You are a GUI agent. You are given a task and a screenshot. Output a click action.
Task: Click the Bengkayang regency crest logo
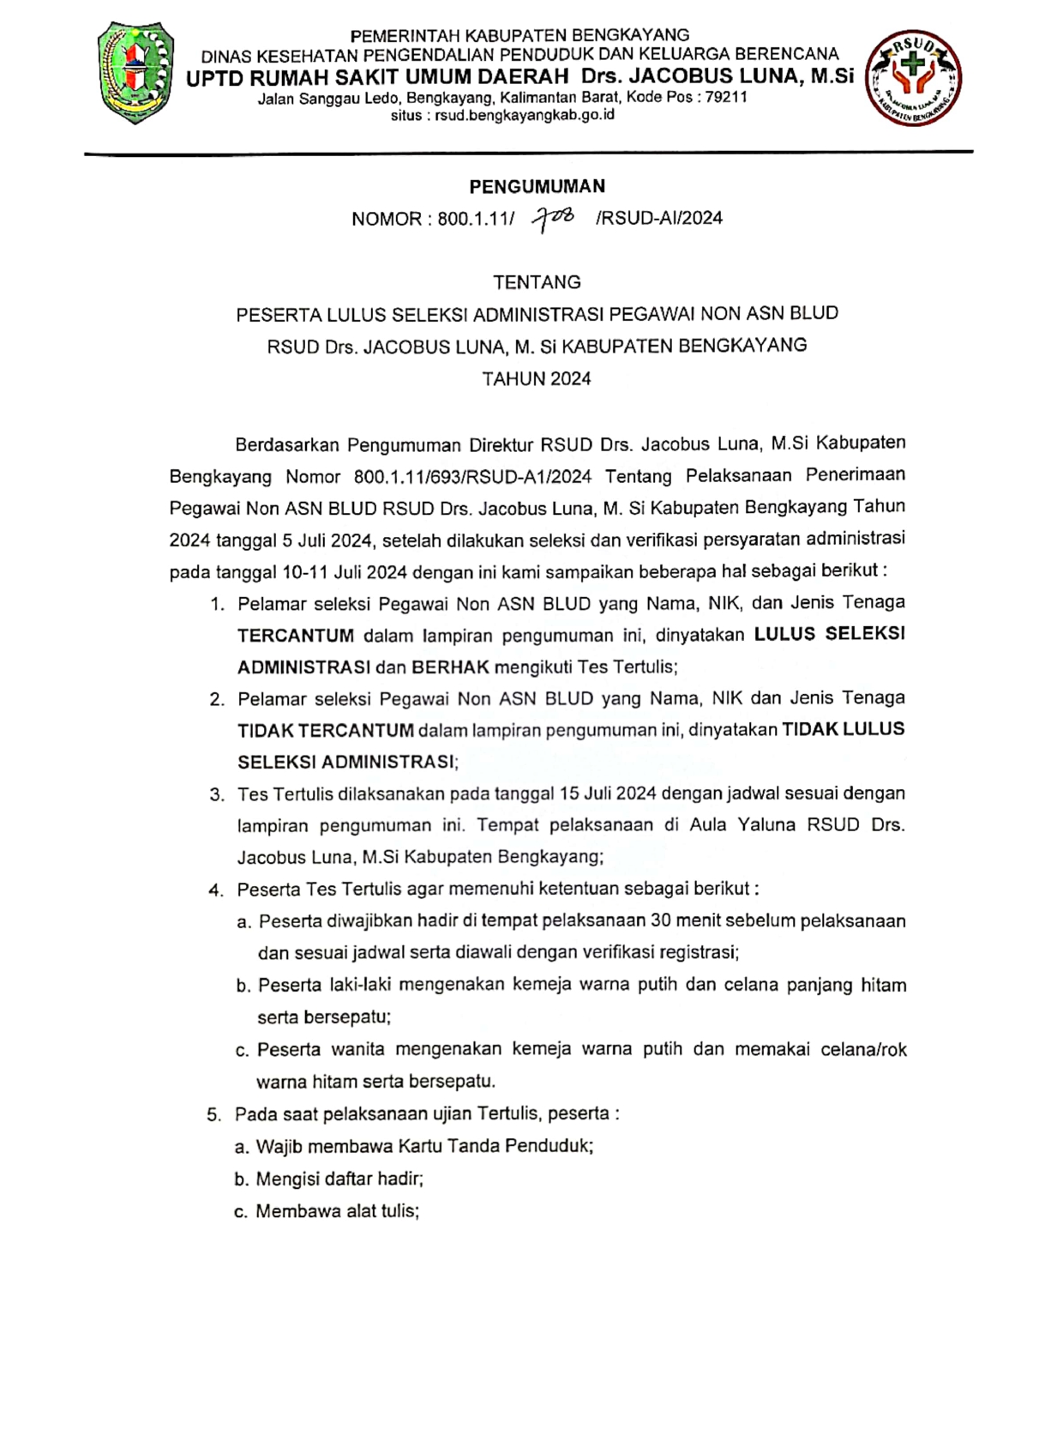[x=136, y=74]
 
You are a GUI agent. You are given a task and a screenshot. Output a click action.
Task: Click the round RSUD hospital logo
[x=914, y=78]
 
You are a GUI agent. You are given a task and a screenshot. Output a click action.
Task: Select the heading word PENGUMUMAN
[x=537, y=186]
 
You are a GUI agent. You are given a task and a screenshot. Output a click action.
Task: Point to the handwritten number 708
[x=554, y=220]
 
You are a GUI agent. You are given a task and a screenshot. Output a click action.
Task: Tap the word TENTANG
[x=537, y=282]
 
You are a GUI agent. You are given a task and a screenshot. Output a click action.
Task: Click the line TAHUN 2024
[x=537, y=379]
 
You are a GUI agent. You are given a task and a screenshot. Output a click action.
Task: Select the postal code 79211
[x=726, y=97]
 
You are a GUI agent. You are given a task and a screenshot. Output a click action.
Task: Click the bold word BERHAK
[x=450, y=667]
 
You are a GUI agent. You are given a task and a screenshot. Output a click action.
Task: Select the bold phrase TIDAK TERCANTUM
[x=326, y=730]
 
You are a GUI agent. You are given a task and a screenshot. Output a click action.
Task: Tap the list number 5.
[x=213, y=1114]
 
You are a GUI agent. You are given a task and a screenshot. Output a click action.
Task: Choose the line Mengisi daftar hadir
[x=339, y=1179]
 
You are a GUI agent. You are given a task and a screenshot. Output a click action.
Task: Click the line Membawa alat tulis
[x=337, y=1211]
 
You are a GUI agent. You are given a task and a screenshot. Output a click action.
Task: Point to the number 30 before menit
[x=661, y=920]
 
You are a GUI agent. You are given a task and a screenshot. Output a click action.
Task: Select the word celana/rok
[x=864, y=1049]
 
